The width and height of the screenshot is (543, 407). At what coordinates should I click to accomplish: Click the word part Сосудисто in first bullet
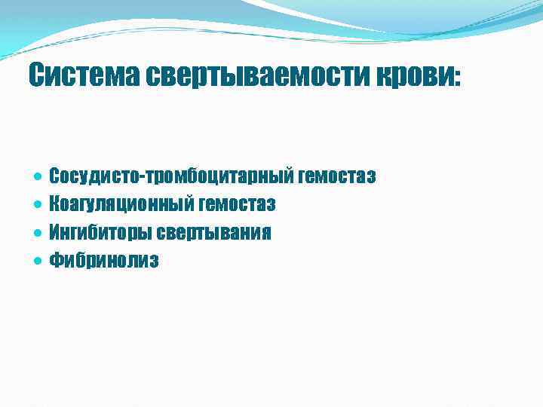click(90, 176)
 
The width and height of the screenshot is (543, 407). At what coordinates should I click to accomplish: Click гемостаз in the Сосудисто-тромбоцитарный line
click(337, 176)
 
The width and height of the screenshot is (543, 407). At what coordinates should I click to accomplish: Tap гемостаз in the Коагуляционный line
click(237, 204)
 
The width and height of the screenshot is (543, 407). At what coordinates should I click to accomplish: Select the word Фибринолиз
click(104, 260)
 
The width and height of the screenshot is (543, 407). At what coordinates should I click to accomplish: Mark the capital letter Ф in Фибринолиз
click(56, 260)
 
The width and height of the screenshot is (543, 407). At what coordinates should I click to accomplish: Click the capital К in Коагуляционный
click(54, 204)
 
